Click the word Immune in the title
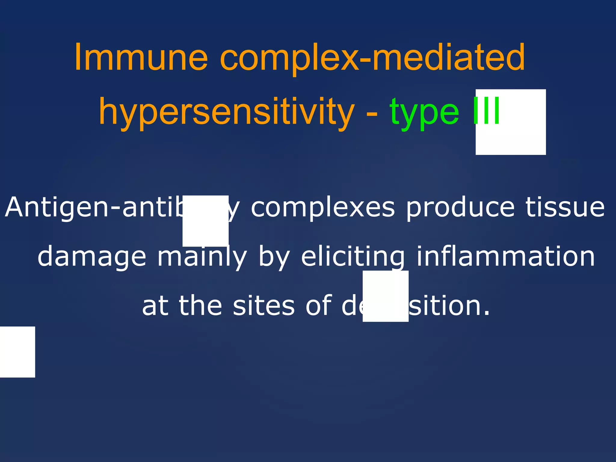click(141, 57)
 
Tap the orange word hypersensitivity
click(227, 112)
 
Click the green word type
click(424, 112)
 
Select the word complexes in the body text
click(322, 208)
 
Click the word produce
click(460, 208)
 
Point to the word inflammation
click(505, 257)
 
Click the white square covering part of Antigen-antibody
click(205, 221)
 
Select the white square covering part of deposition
click(385, 296)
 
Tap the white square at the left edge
click(17, 352)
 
